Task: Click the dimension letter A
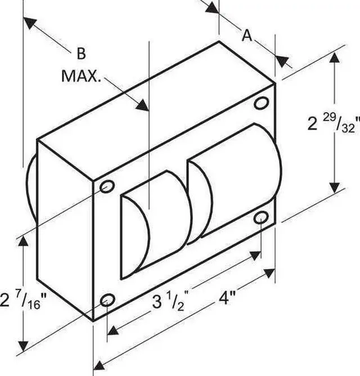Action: tap(246, 35)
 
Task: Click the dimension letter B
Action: tap(81, 54)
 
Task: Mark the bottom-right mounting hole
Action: tap(260, 218)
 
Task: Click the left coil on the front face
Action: tap(155, 225)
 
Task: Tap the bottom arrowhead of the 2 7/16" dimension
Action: tap(23, 344)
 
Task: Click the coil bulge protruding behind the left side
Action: tap(31, 191)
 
